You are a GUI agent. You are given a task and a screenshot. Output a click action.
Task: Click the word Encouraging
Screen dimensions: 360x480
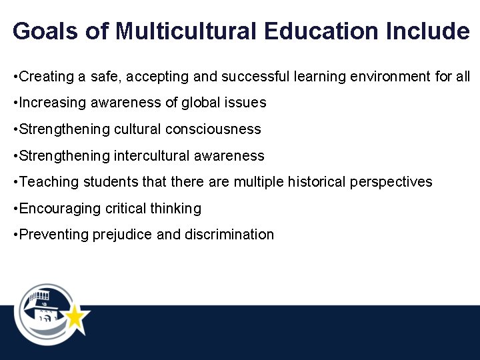tap(61, 209)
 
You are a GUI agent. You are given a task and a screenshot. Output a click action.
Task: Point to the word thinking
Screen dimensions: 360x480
tap(175, 209)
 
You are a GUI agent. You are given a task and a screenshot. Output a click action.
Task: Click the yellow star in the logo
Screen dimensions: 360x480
tap(75, 317)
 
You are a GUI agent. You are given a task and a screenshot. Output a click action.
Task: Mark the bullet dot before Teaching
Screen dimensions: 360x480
tap(15, 182)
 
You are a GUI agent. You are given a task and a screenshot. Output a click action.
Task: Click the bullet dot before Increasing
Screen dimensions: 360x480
tap(15, 103)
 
